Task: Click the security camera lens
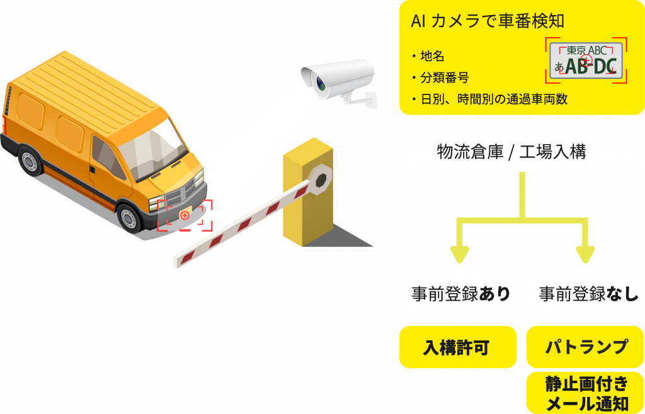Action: (319, 84)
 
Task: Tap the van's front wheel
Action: (131, 218)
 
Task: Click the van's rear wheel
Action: (29, 161)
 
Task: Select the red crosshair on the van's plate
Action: (185, 215)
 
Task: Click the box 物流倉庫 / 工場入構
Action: (521, 152)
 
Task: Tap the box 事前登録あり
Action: (458, 293)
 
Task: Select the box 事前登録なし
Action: (585, 293)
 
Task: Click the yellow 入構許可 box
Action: (458, 347)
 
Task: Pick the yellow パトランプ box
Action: (585, 347)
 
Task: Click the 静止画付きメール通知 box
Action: (585, 393)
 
